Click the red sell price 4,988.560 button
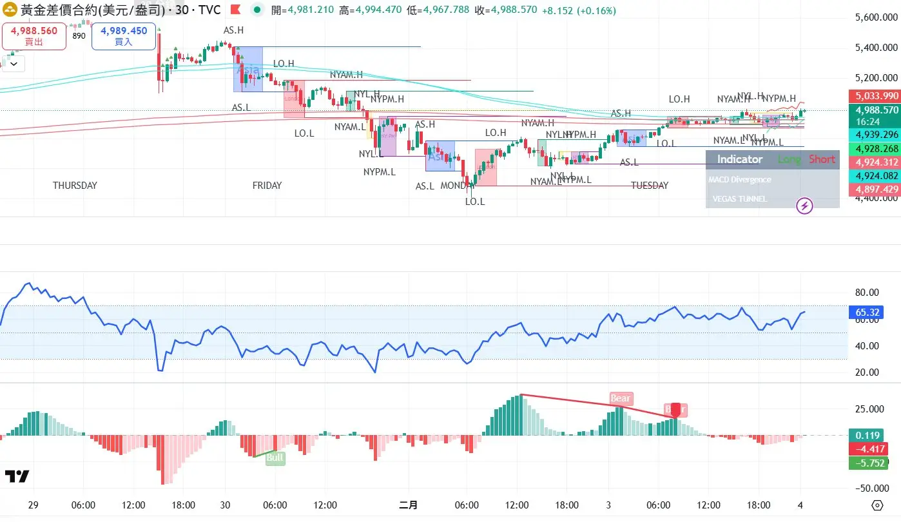click(x=34, y=36)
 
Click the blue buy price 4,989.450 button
click(x=124, y=36)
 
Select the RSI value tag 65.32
click(x=867, y=313)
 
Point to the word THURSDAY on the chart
click(x=75, y=186)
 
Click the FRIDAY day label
click(x=267, y=186)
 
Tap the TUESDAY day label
click(x=649, y=186)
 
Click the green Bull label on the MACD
click(x=275, y=458)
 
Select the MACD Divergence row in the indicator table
click(x=739, y=180)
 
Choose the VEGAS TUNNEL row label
click(x=739, y=199)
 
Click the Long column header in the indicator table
click(x=790, y=159)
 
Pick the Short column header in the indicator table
click(x=822, y=159)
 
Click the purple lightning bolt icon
click(x=805, y=206)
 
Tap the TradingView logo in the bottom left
click(x=17, y=476)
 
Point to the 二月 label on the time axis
click(x=408, y=505)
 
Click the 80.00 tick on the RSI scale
click(x=867, y=293)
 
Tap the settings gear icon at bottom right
click(x=877, y=505)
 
